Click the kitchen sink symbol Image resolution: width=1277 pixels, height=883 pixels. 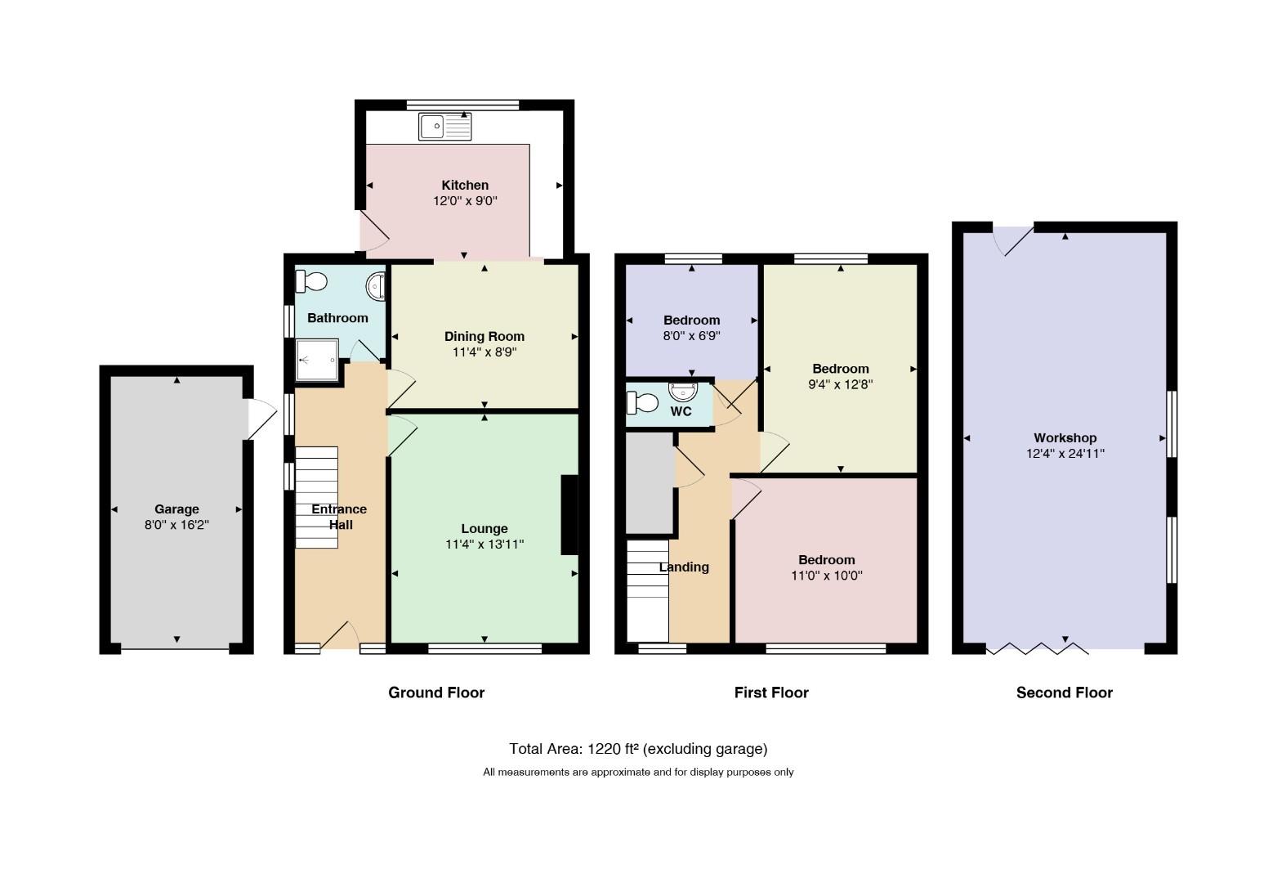(x=445, y=126)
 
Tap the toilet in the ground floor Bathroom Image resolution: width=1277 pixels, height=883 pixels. (x=310, y=281)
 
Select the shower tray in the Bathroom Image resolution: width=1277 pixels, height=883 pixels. (x=317, y=360)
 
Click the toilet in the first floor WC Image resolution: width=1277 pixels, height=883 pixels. (x=642, y=403)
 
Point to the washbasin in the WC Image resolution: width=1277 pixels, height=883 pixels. (x=683, y=392)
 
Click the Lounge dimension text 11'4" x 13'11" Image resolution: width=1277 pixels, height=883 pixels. (x=484, y=545)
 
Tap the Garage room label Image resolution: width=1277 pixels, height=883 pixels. (x=176, y=509)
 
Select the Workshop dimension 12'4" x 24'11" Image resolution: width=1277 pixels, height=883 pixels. (x=1065, y=454)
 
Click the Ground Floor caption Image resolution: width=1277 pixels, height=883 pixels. (x=436, y=693)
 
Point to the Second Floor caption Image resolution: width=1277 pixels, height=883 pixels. (x=1065, y=693)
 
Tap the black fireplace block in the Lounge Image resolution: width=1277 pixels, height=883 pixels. (x=569, y=514)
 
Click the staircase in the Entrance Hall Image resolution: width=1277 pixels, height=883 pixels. (x=317, y=497)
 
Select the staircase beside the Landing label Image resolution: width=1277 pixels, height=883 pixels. (x=648, y=591)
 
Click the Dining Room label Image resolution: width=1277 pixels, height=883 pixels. (x=484, y=337)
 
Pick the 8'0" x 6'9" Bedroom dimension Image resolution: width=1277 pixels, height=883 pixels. (x=691, y=336)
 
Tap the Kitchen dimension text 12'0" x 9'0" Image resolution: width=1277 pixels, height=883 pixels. (x=465, y=201)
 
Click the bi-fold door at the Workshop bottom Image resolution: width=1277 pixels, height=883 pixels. (x=1037, y=648)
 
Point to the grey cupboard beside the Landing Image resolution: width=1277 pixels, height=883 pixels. (x=650, y=482)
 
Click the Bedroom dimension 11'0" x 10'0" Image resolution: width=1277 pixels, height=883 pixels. (x=827, y=576)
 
